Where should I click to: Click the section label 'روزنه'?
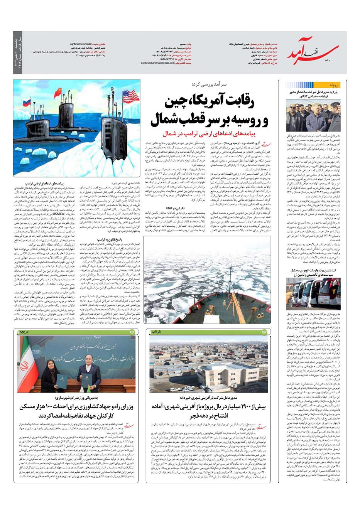tap(334, 84)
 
